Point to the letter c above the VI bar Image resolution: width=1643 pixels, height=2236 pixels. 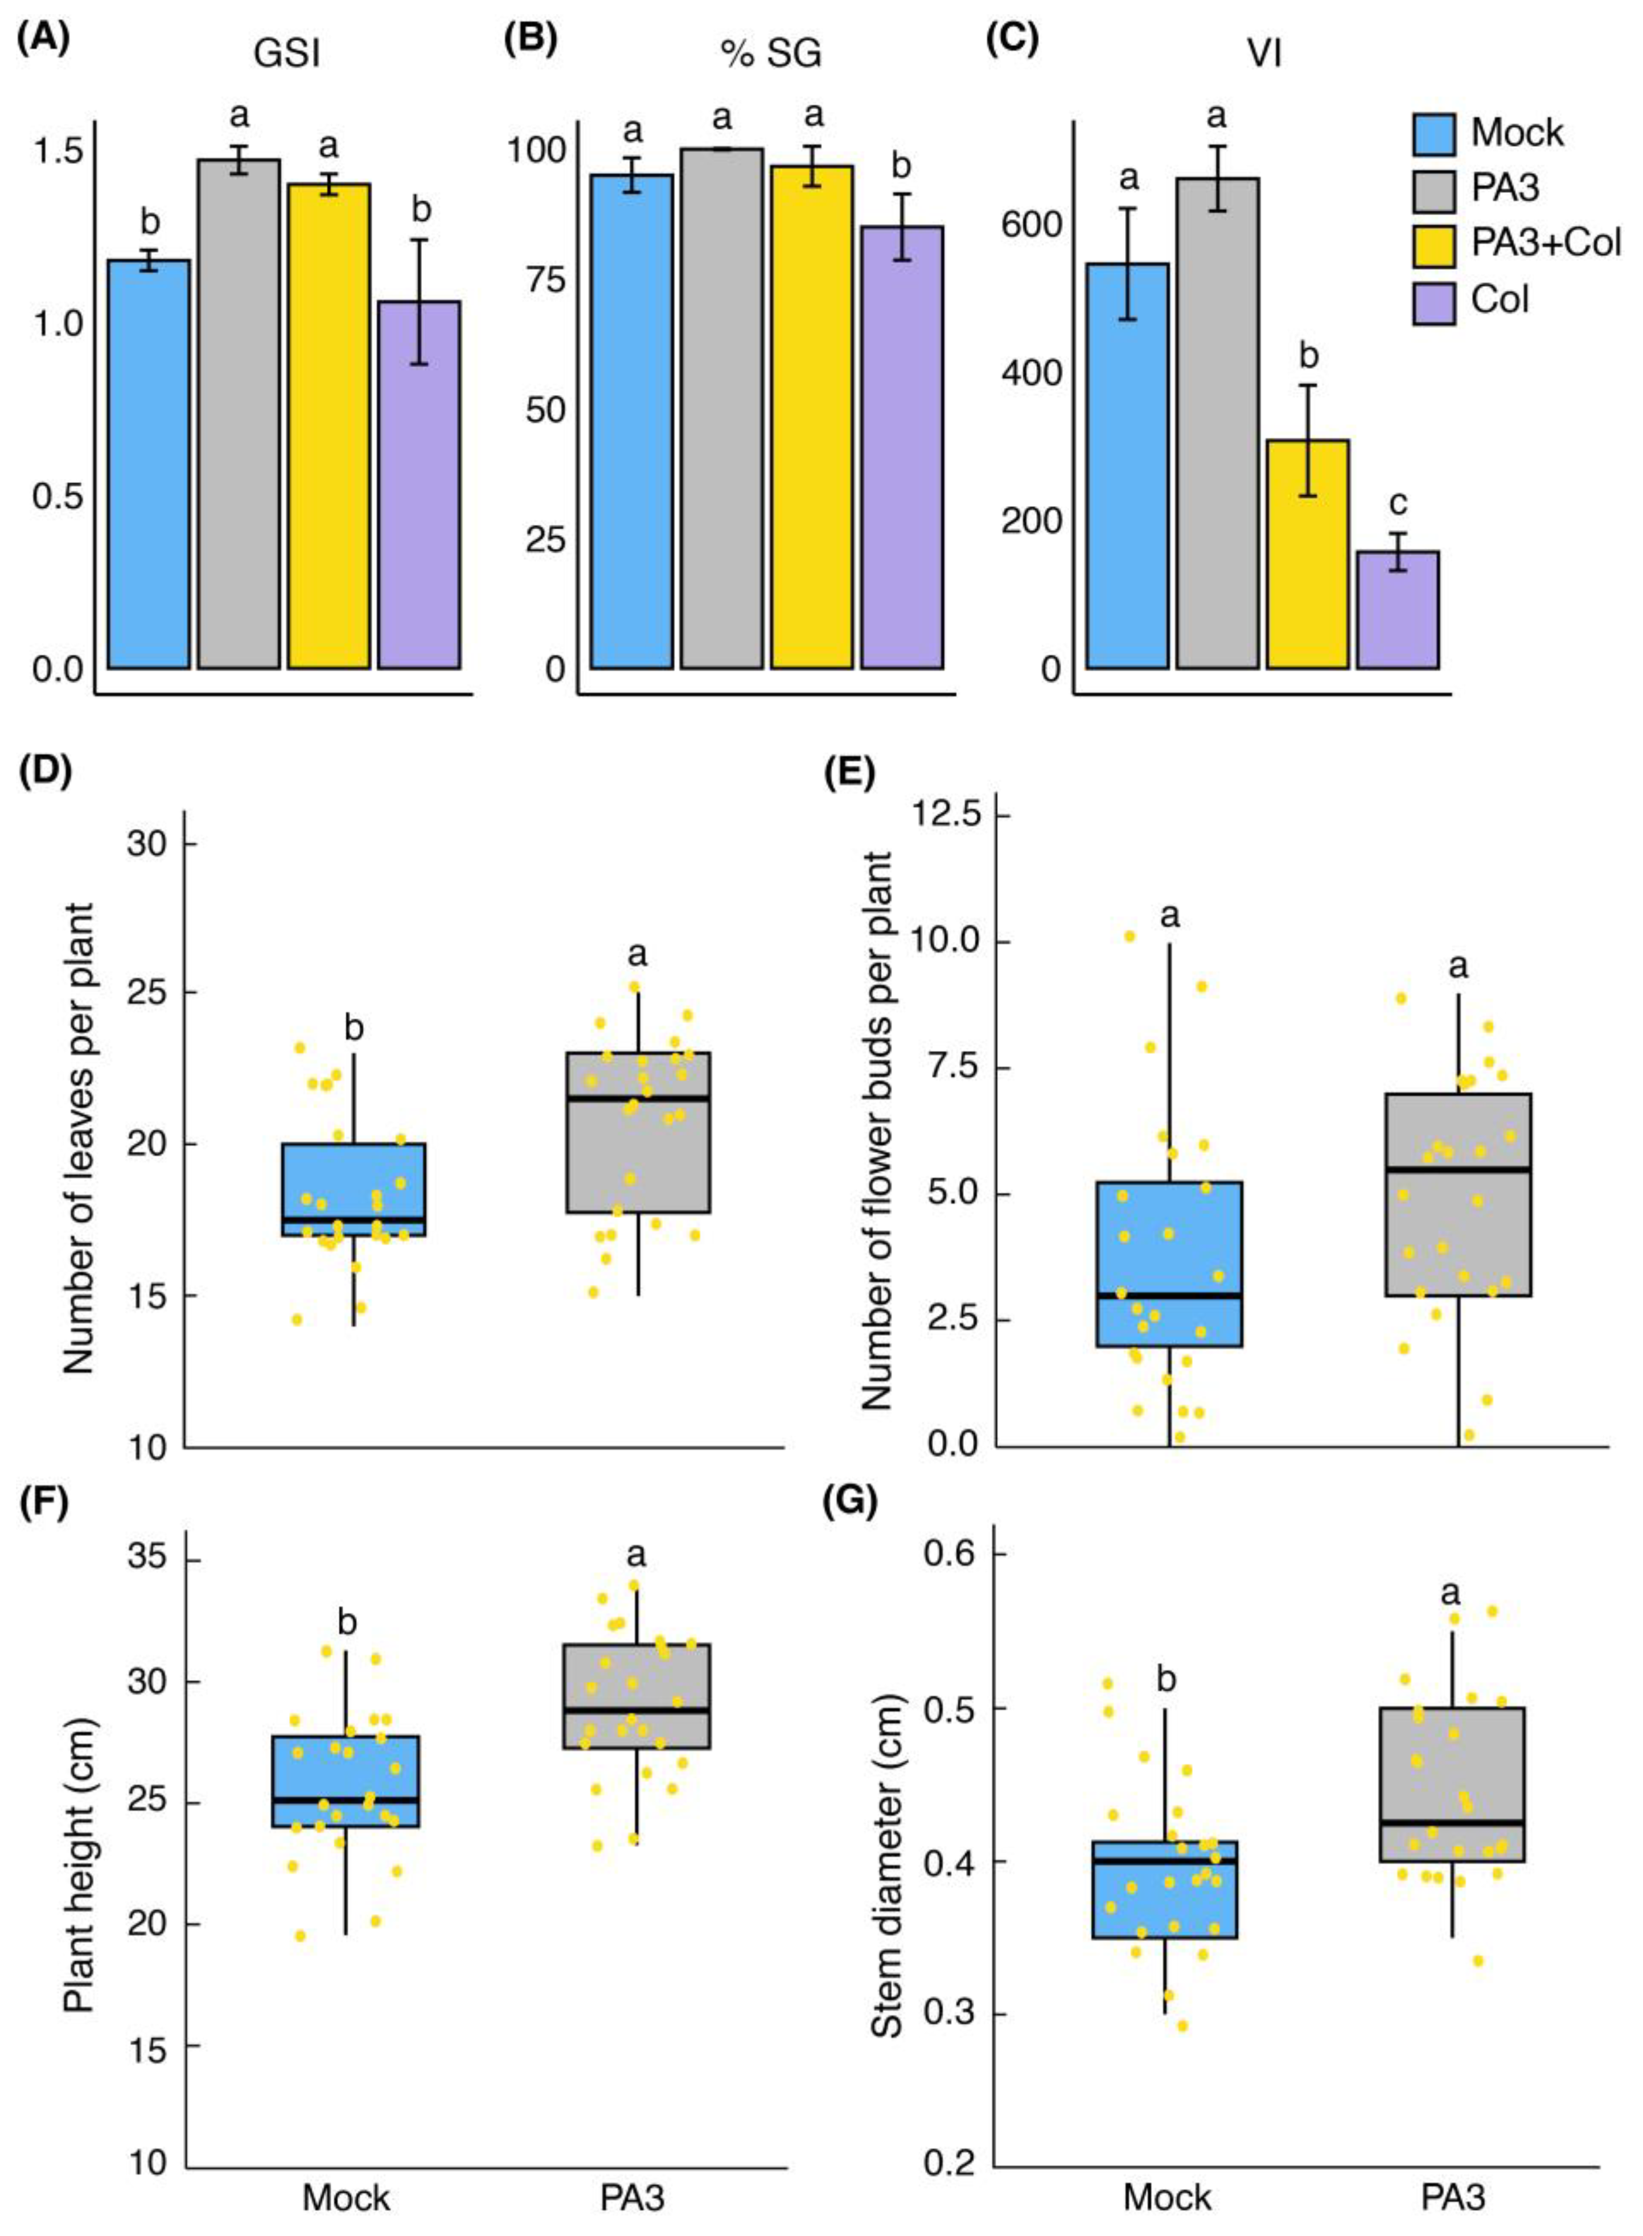1397,504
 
